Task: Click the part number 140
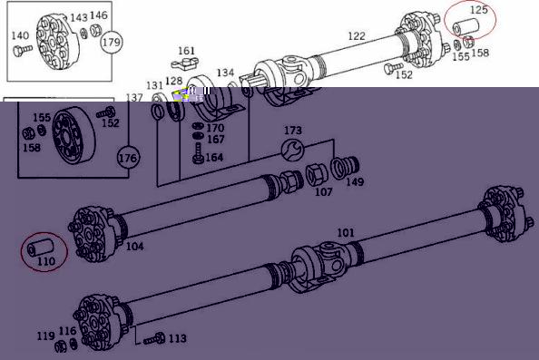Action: (x=20, y=35)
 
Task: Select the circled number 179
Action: (x=112, y=43)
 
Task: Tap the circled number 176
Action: (x=128, y=158)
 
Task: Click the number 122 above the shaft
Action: (x=357, y=36)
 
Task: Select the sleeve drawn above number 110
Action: (x=41, y=248)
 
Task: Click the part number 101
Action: (x=346, y=233)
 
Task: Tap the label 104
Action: (x=134, y=247)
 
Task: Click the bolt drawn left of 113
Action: (x=154, y=339)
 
